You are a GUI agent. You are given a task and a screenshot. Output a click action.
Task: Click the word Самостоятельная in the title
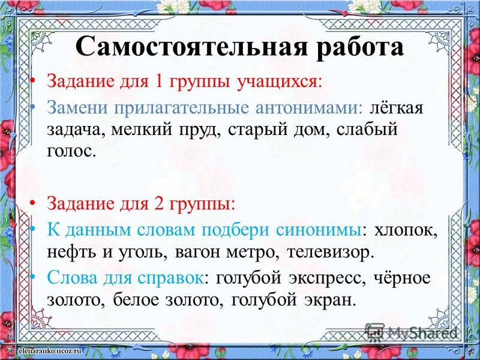pos(191,47)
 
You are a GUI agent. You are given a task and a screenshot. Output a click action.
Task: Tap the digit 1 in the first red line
pos(159,82)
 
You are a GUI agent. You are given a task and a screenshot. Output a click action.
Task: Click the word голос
pos(69,151)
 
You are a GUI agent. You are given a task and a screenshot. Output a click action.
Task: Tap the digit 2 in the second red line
pos(159,203)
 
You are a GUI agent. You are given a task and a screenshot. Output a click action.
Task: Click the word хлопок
pos(406,231)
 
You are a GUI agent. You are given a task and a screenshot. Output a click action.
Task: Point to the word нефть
pos(71,253)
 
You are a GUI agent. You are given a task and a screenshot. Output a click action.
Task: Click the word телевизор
pos(331,253)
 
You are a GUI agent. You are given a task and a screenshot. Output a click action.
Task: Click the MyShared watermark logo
pos(411,332)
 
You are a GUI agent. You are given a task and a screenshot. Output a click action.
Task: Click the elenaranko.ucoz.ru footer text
pos(50,351)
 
